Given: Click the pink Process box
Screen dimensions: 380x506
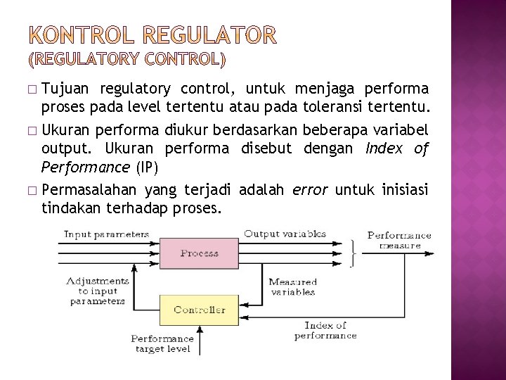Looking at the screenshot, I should (199, 253).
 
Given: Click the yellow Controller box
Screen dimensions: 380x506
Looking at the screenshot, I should (199, 310).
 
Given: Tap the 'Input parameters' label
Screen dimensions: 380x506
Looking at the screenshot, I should (106, 234).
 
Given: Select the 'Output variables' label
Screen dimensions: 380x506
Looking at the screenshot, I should (285, 234).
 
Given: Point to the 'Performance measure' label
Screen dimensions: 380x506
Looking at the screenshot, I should (399, 240).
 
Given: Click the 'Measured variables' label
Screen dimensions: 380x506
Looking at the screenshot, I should (292, 286).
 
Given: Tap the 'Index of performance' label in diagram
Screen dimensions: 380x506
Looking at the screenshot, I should (325, 330).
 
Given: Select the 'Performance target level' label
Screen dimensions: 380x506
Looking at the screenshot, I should (162, 343).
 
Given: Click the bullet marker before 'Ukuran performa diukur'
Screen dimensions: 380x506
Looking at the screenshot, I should (33, 130).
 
